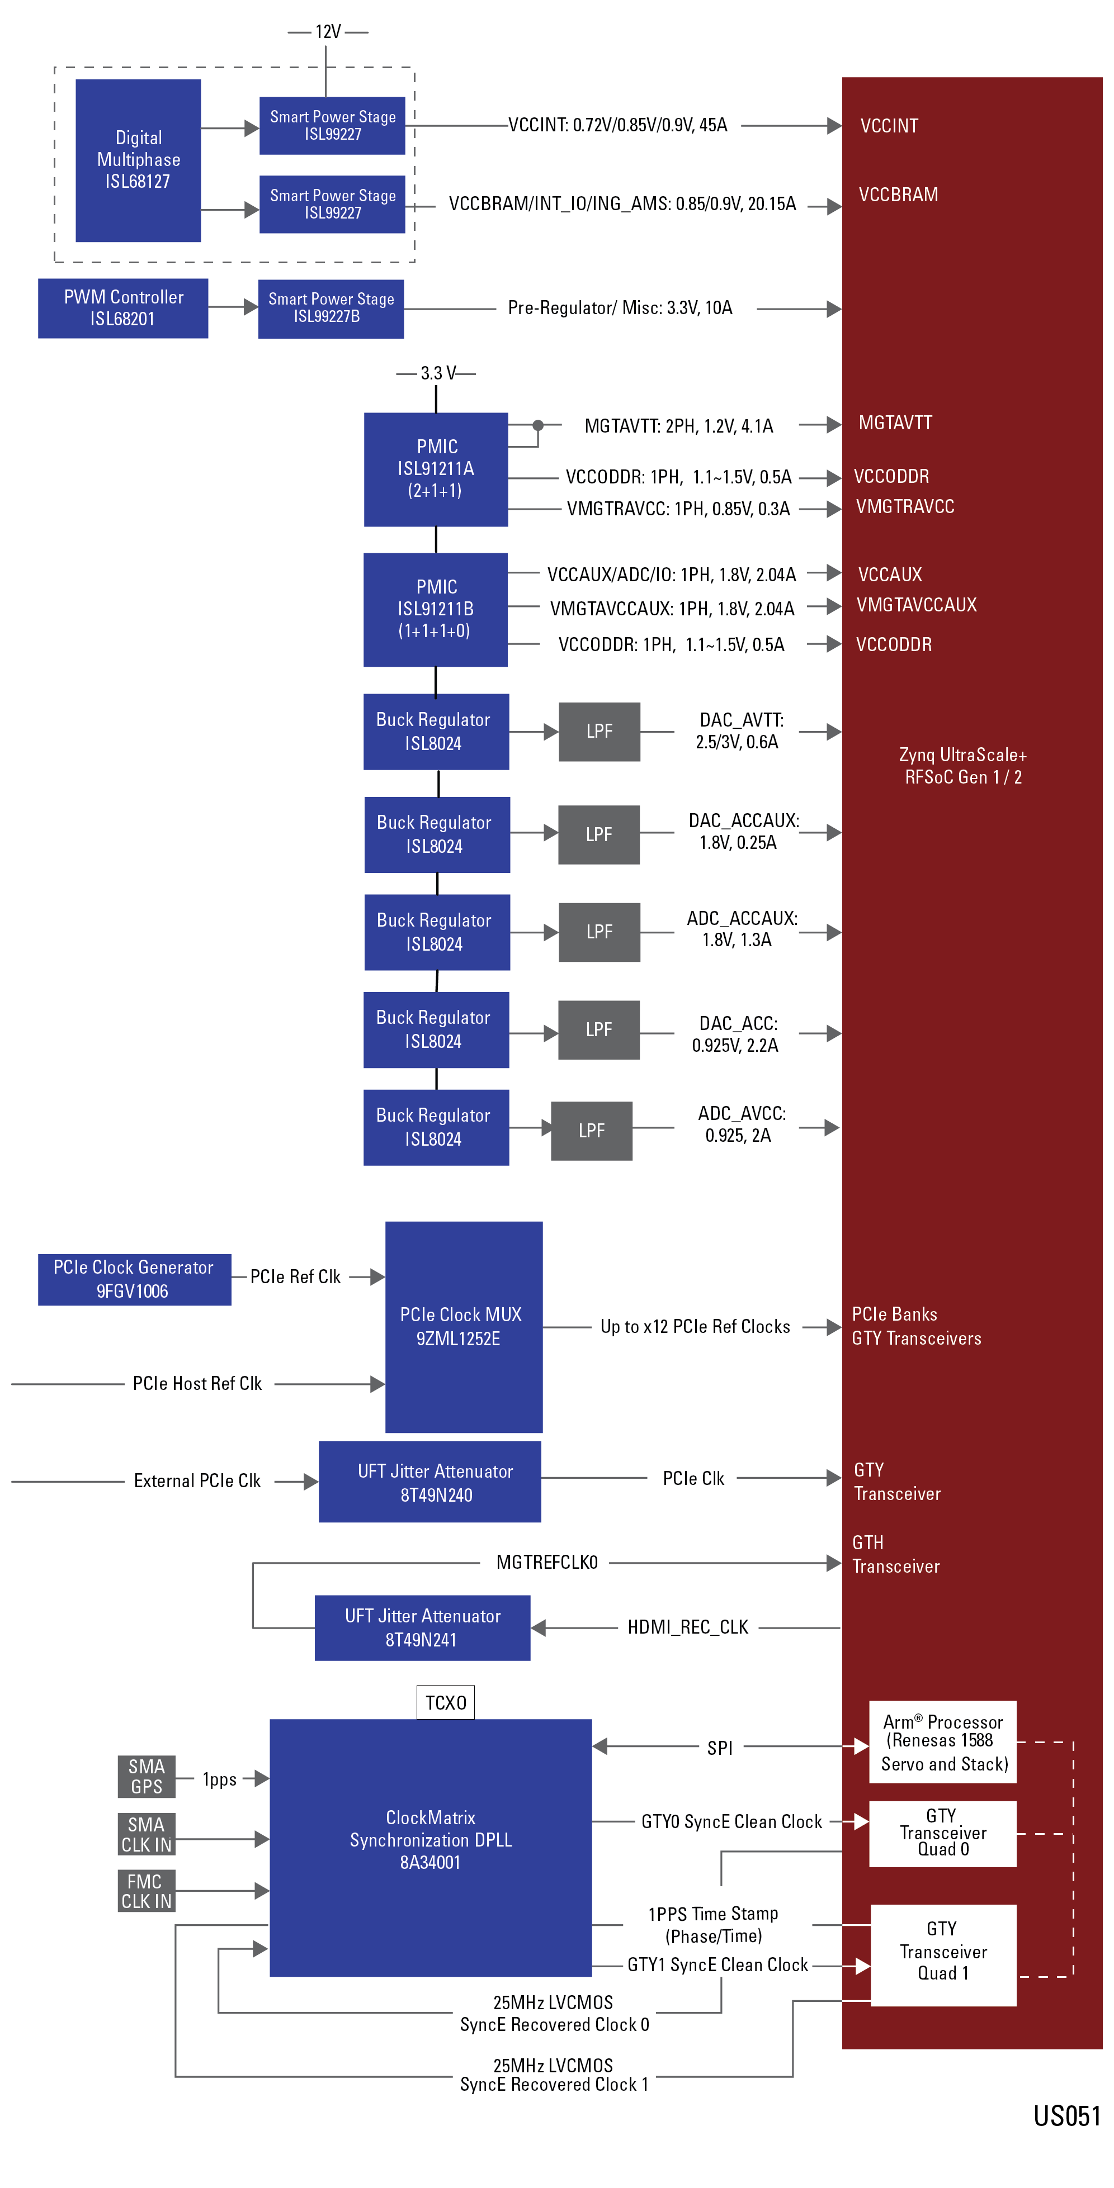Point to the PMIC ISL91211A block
pos(435,469)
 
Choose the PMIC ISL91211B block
pos(435,609)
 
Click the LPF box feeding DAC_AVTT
pos(598,732)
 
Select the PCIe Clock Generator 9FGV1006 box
pos(134,1279)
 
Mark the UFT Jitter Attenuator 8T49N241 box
pos(422,1627)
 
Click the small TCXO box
pos(445,1702)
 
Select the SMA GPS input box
pos(146,1776)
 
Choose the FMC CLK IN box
pos(146,1891)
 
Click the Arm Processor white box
pos(942,1742)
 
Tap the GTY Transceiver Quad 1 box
pos(942,1954)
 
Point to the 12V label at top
pos(327,31)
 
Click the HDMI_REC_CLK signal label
pos(687,1627)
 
